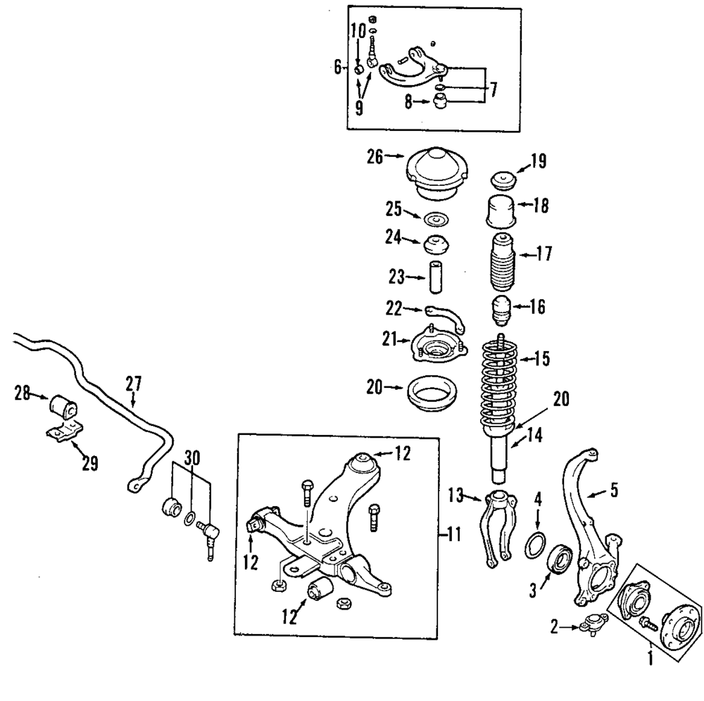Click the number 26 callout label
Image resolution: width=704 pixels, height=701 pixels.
click(x=375, y=157)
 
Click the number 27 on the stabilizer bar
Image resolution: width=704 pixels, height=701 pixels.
click(x=134, y=384)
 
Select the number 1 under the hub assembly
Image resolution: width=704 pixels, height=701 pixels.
click(x=650, y=659)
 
